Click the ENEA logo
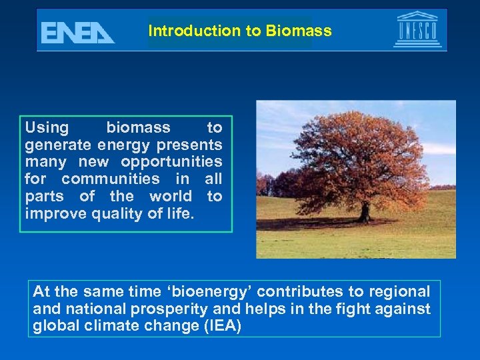pyautogui.click(x=77, y=32)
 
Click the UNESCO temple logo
pyautogui.click(x=417, y=30)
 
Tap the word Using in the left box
pyautogui.click(x=47, y=127)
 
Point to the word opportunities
pyautogui.click(x=171, y=162)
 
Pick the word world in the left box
pyautogui.click(x=166, y=197)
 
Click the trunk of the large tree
pyautogui.click(x=364, y=210)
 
